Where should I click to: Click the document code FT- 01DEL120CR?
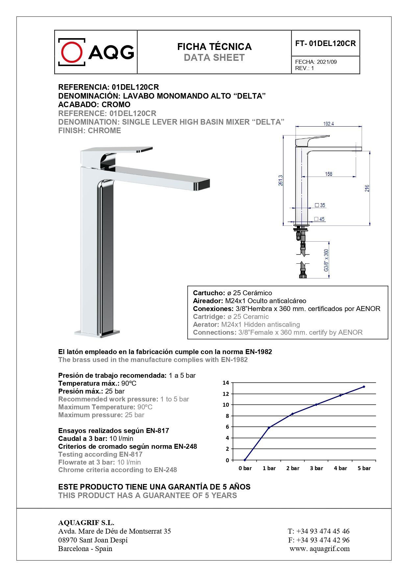tap(325, 43)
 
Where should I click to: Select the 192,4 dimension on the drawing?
tap(328, 124)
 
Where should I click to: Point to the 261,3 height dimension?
tap(280, 180)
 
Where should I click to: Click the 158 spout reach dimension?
tap(328, 174)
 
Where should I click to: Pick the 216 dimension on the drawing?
tap(367, 188)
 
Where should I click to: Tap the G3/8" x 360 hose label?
tap(326, 260)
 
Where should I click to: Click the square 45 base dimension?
tap(319, 219)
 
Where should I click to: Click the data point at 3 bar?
tap(316, 404)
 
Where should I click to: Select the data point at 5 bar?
tap(364, 387)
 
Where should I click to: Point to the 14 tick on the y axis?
tap(226, 383)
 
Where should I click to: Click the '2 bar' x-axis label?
tap(293, 468)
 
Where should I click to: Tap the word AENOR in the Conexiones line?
tap(368, 309)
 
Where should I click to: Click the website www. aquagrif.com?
tap(320, 549)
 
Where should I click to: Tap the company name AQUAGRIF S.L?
tap(86, 523)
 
